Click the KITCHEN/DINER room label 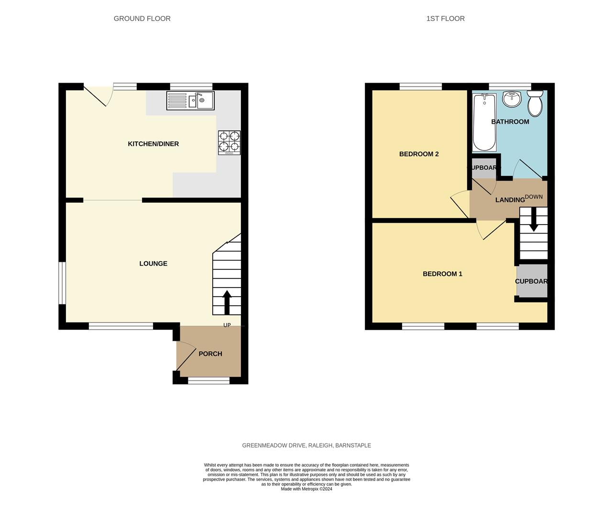(x=153, y=144)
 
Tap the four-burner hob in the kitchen (x=230, y=142)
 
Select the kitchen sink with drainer (x=191, y=100)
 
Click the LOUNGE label (x=153, y=263)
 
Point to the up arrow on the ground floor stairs (x=227, y=302)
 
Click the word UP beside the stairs (x=227, y=325)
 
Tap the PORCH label (x=210, y=354)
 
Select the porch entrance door (x=184, y=356)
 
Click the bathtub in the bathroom (x=484, y=122)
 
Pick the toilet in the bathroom (x=535, y=103)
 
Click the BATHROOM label (x=510, y=122)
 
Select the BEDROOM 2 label (x=419, y=154)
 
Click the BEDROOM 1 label (x=442, y=274)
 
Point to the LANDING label (x=510, y=200)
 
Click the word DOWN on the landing (x=534, y=197)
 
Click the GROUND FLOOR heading (x=142, y=19)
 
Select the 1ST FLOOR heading (x=445, y=19)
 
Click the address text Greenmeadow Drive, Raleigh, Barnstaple (x=306, y=445)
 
